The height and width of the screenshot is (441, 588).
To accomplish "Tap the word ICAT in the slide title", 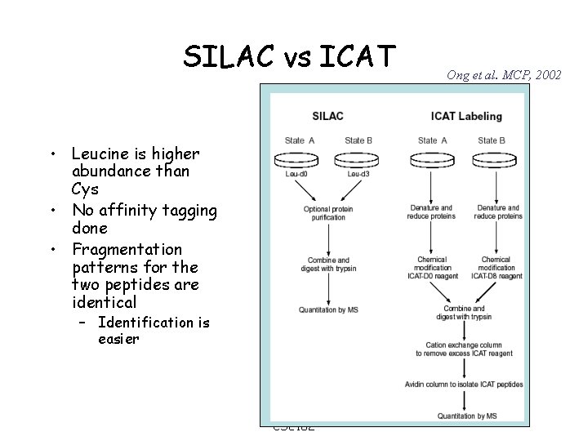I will click(358, 56).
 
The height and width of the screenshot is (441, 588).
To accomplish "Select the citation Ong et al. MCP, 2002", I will click(504, 75).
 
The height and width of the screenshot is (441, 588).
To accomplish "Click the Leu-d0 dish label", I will click(296, 174).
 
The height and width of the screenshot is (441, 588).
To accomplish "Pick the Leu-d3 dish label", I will click(359, 174).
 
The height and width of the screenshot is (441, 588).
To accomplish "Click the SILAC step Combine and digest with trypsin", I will click(328, 264).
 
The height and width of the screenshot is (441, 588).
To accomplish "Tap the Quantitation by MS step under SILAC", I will click(328, 310).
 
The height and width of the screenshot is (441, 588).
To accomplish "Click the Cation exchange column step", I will click(464, 349).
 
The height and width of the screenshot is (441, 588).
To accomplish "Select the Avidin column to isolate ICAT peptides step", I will click(464, 384).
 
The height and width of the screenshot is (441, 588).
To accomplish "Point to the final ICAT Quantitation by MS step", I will click(464, 416).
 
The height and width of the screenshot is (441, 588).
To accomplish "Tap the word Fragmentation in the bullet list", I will click(126, 248).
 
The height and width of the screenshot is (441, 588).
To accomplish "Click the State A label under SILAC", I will click(300, 140).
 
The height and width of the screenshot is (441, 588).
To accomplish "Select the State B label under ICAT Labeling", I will click(492, 140).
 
